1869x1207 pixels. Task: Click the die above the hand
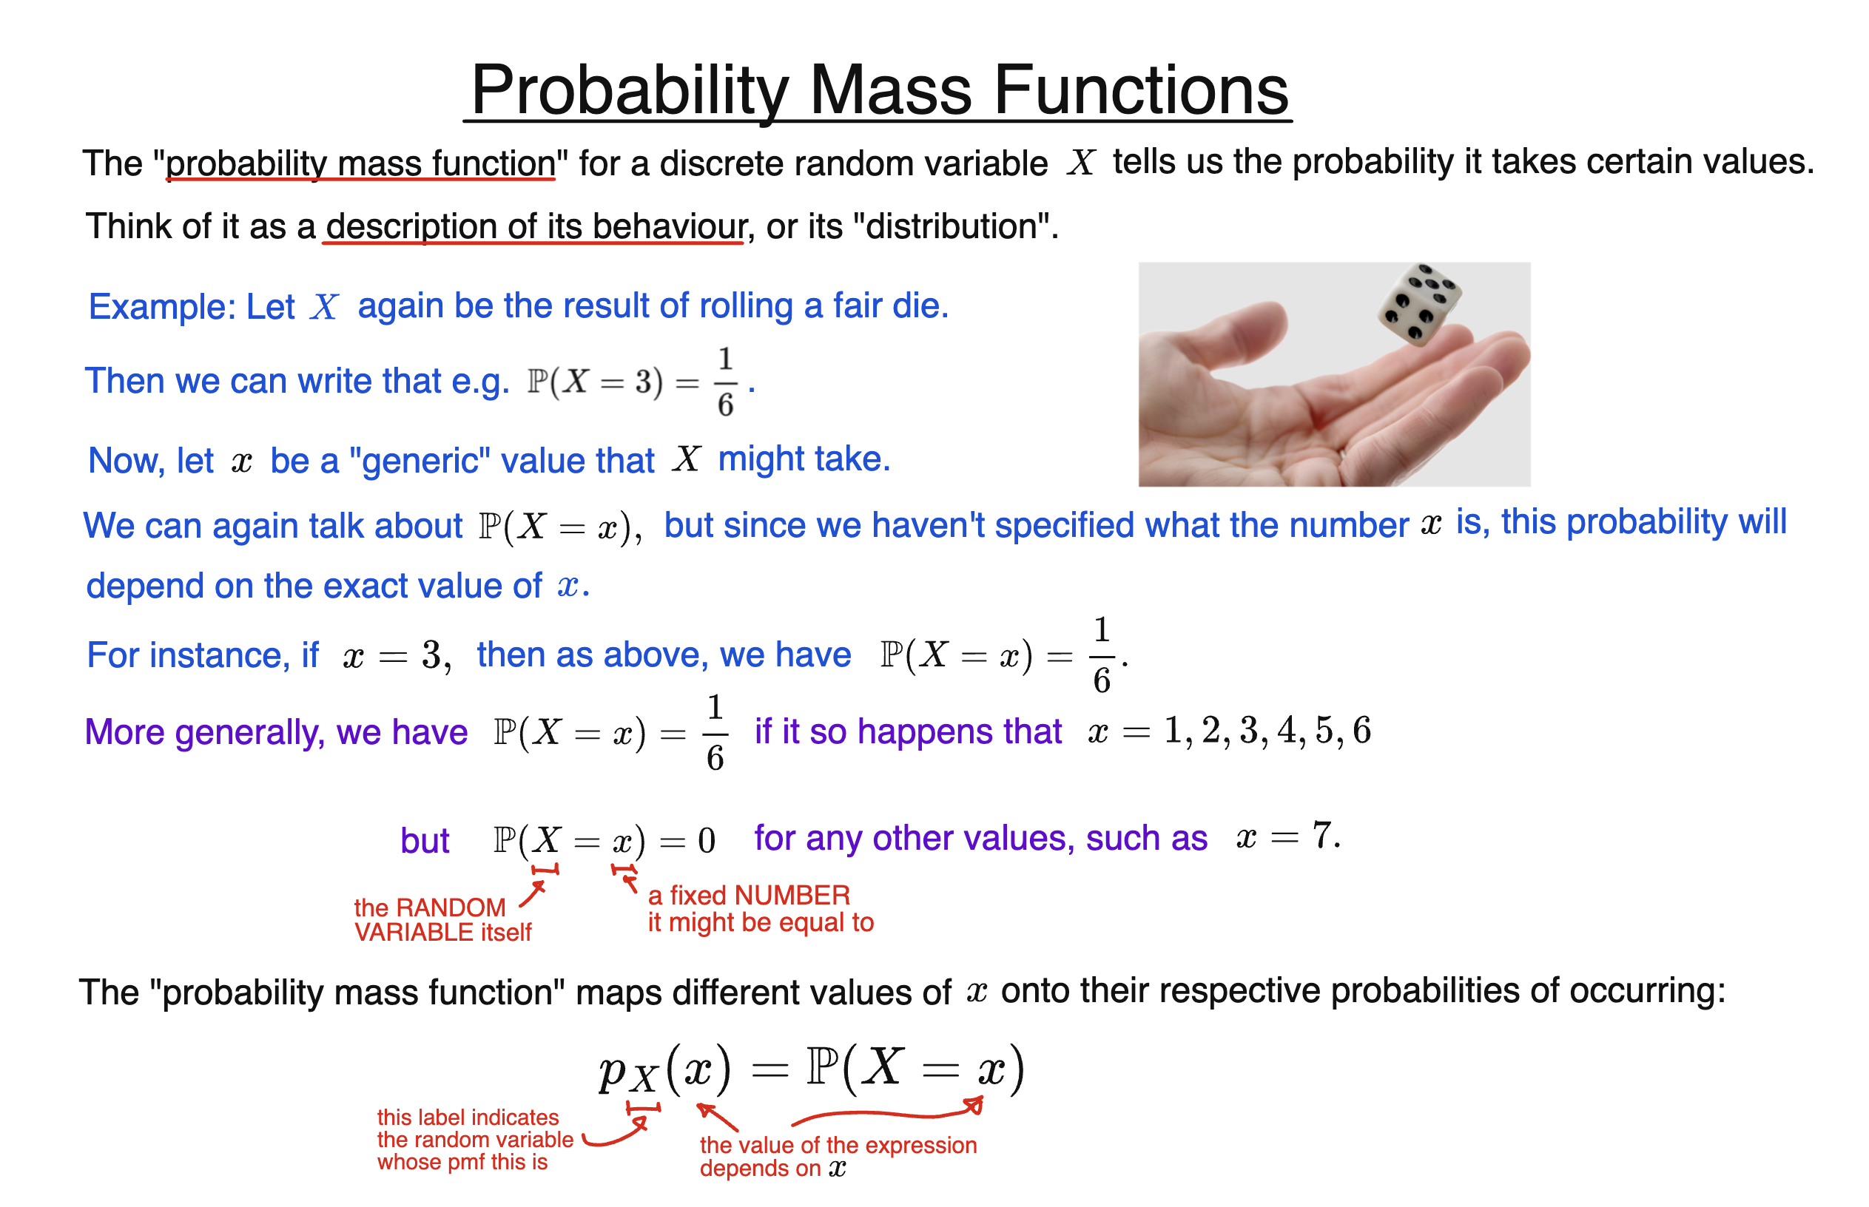click(x=1420, y=304)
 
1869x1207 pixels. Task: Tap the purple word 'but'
click(x=424, y=841)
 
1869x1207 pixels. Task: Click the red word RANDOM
click(x=451, y=907)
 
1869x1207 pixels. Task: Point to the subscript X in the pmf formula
click(x=644, y=1081)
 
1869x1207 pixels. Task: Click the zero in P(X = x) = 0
click(x=707, y=841)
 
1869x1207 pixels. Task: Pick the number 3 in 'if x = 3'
click(x=432, y=655)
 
